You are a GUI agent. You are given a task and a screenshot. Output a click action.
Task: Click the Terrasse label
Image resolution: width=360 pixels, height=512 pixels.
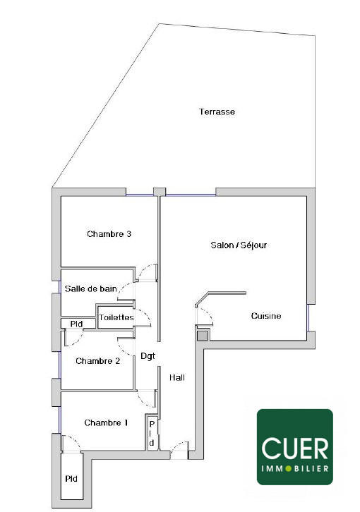(x=217, y=112)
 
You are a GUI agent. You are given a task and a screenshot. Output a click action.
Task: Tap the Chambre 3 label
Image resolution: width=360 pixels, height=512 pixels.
(x=109, y=234)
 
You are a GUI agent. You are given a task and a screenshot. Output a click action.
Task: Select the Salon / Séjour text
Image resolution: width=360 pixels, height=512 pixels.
(x=239, y=245)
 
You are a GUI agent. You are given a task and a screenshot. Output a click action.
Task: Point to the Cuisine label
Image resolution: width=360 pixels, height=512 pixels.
(x=266, y=316)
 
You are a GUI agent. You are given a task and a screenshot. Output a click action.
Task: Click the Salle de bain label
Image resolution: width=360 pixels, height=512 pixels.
(x=90, y=289)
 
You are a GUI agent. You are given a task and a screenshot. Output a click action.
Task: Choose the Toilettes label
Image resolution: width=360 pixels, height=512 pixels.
(x=116, y=317)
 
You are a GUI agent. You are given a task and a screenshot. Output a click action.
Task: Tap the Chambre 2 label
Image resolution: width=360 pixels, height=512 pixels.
(x=97, y=361)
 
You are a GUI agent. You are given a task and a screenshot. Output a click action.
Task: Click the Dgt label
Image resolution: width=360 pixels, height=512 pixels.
(x=148, y=356)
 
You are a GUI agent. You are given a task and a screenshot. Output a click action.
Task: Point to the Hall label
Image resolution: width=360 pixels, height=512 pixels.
(x=177, y=377)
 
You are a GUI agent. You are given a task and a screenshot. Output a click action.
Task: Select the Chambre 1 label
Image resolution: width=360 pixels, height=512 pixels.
(x=106, y=423)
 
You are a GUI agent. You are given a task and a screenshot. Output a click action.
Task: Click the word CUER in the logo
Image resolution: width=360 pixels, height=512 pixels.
(x=294, y=448)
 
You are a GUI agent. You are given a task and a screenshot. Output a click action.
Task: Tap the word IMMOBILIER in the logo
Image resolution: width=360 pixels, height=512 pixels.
(x=294, y=468)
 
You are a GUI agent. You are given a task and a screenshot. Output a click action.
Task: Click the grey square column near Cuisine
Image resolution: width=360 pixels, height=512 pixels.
(x=203, y=335)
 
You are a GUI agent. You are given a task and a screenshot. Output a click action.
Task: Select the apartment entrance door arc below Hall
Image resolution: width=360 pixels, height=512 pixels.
(x=179, y=446)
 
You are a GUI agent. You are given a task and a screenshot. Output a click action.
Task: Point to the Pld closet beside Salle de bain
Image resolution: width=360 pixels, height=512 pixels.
(x=77, y=324)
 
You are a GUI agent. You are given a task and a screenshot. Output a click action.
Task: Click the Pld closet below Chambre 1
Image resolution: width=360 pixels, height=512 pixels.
(x=71, y=479)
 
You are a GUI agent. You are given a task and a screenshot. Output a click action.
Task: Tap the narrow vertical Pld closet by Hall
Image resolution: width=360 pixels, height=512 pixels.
(x=151, y=432)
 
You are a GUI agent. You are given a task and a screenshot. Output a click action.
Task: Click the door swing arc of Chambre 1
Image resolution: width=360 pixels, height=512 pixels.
(x=73, y=443)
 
